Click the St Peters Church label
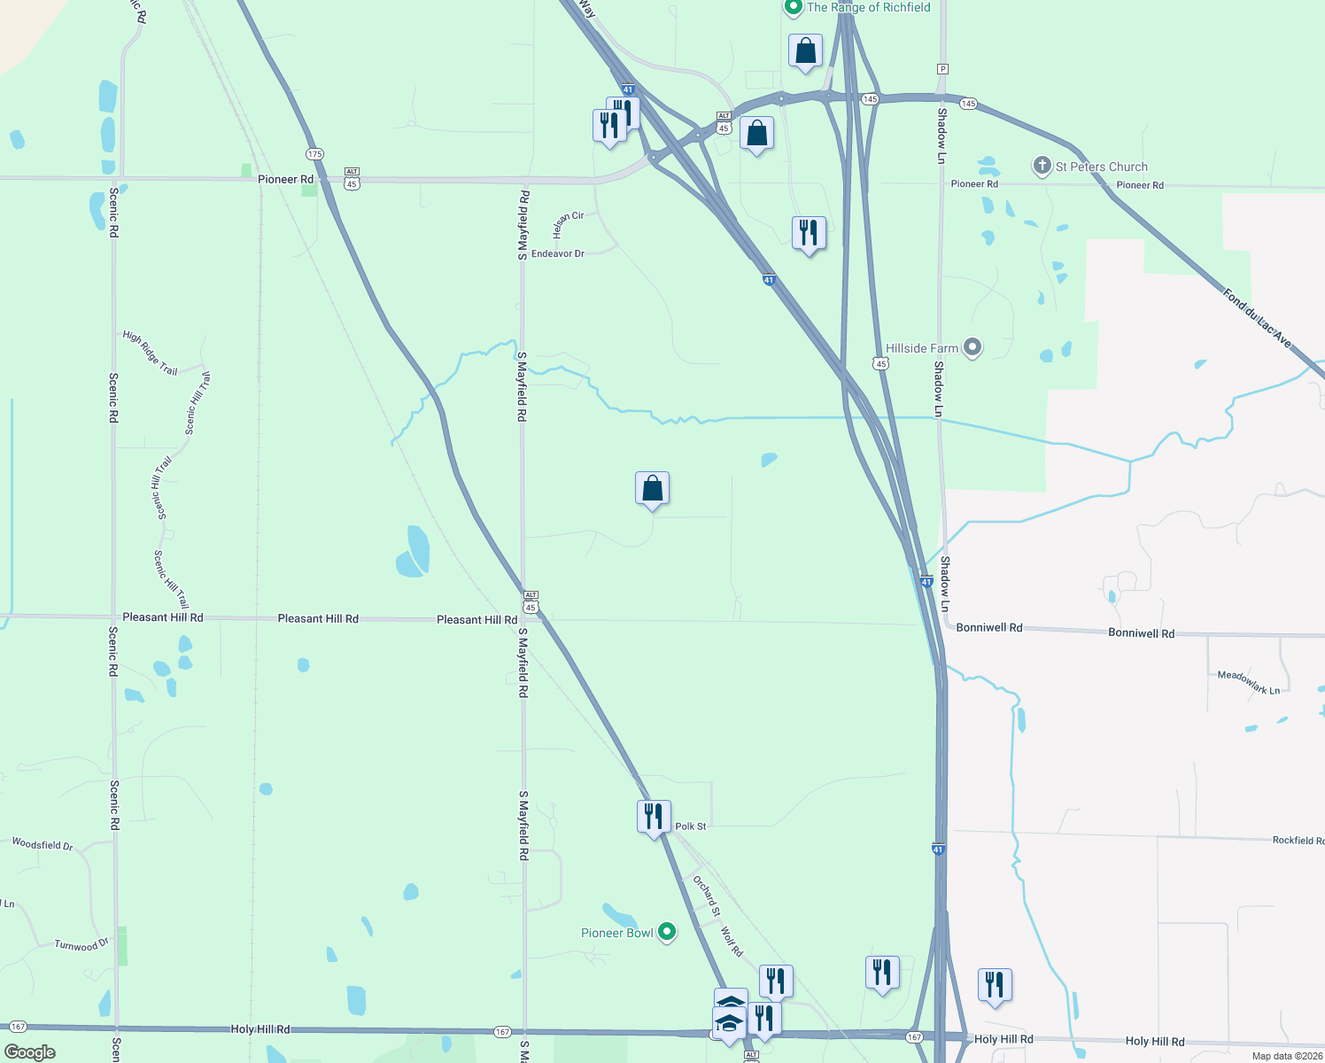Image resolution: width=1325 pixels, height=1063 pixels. point(1101,167)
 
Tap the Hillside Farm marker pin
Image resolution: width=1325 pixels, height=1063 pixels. point(972,347)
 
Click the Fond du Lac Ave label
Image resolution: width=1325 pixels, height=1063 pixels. point(1257,317)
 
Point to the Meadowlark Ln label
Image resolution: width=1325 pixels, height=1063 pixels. point(1248,682)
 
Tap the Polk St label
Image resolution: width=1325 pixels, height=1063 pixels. point(691,826)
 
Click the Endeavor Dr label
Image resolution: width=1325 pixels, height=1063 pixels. point(558,254)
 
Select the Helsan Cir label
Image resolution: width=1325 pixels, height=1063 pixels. point(568,224)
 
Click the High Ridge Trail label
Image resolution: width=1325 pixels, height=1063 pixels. point(150,353)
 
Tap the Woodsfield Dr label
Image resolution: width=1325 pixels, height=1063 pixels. point(43,844)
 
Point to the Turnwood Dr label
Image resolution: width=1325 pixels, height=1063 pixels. point(81,945)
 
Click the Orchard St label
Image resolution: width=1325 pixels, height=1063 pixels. point(707,896)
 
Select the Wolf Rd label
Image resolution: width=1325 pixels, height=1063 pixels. point(731,942)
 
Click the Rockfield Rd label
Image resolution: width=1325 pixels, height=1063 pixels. point(1298,840)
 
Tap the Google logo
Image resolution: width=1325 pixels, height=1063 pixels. point(30,1052)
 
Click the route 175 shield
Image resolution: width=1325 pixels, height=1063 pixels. point(314,153)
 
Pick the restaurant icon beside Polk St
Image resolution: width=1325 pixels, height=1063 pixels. point(654,816)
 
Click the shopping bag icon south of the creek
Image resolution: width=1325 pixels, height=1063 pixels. point(652,488)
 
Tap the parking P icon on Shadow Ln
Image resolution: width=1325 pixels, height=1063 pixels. point(942,69)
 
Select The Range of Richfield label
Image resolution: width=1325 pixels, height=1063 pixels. point(868,7)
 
